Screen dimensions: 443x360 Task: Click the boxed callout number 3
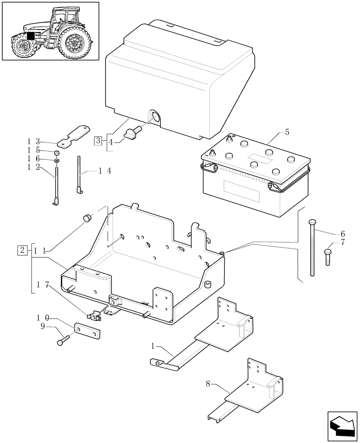(x=98, y=141)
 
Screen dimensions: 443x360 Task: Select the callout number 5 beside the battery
(x=287, y=132)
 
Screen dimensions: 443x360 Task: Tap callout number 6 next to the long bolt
(x=343, y=233)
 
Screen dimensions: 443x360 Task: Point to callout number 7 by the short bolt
(x=342, y=242)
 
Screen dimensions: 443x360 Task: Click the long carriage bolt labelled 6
(x=313, y=248)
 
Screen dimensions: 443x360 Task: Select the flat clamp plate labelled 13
(x=73, y=137)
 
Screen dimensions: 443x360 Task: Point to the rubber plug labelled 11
(x=87, y=218)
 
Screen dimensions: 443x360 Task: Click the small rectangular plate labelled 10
(x=89, y=331)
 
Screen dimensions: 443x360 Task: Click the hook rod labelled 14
(x=79, y=175)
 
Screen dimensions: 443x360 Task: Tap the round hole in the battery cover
(x=155, y=117)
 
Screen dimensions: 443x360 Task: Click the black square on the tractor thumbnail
(x=31, y=36)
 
